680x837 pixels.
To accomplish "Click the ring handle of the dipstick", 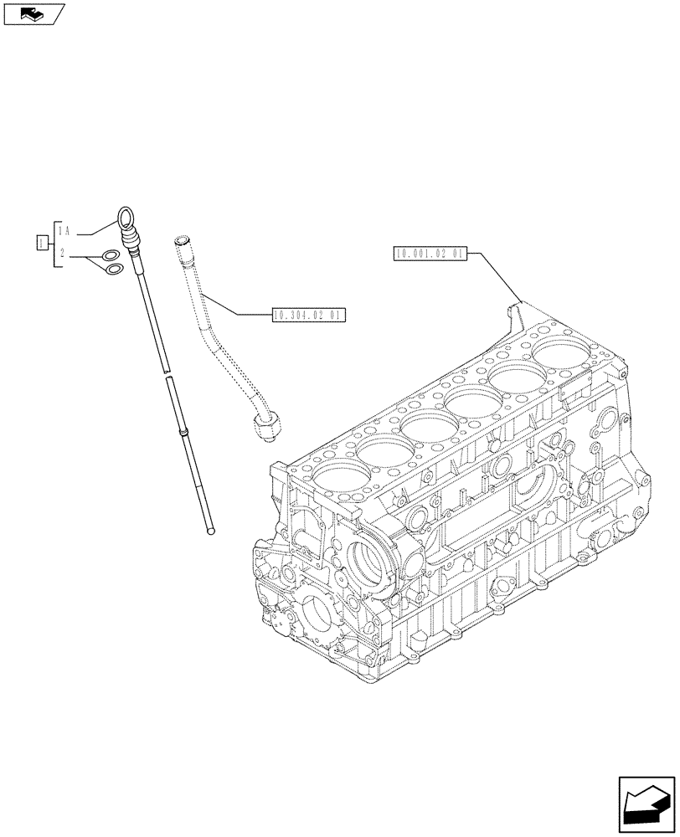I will pyautogui.click(x=126, y=218).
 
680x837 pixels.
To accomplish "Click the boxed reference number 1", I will pyautogui.click(x=40, y=243).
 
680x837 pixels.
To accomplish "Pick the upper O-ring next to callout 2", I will pyautogui.click(x=110, y=256).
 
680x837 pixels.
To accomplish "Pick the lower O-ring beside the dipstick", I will pyautogui.click(x=116, y=269).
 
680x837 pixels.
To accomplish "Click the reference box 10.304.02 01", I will pyautogui.click(x=309, y=315).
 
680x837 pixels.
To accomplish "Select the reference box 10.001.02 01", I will pyautogui.click(x=430, y=254).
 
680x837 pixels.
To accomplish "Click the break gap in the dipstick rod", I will pyautogui.click(x=167, y=372).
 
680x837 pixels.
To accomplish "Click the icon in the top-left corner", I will pyautogui.click(x=33, y=13).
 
